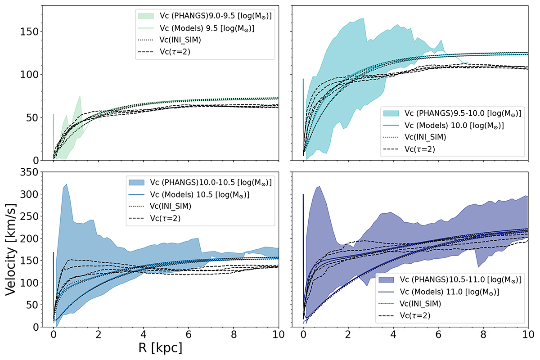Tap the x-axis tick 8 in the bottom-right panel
click(483, 335)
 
